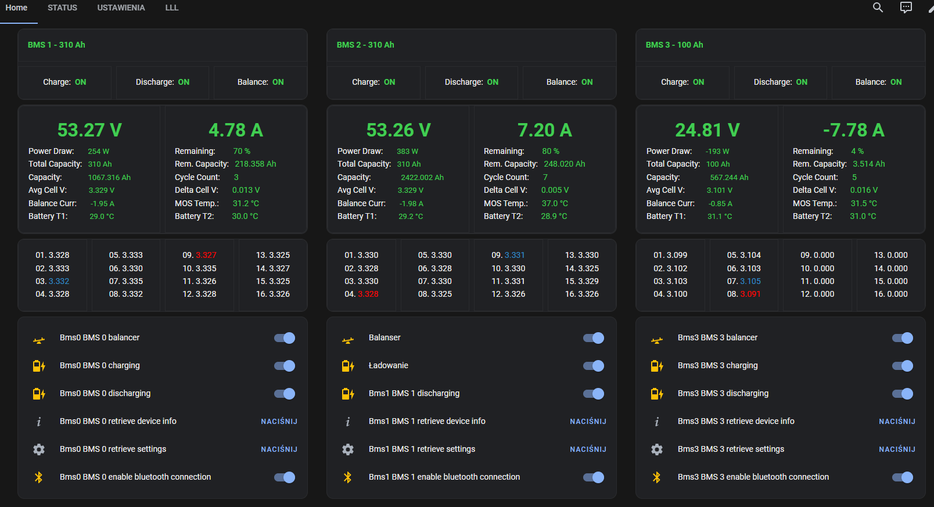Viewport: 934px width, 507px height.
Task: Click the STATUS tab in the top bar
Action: [x=62, y=8]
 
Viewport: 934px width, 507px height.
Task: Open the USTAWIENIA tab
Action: [x=121, y=8]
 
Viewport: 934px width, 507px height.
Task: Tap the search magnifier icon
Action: [x=878, y=8]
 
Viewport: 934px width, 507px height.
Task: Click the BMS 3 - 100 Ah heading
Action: [x=674, y=45]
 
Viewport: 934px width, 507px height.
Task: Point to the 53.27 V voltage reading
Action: [x=89, y=130]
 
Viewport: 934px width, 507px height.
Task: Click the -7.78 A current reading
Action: [x=853, y=130]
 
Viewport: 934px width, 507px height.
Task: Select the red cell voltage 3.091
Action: [x=750, y=294]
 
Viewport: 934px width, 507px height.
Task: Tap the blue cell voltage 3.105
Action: [x=750, y=282]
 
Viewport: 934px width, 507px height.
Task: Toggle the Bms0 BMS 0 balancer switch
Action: [x=285, y=338]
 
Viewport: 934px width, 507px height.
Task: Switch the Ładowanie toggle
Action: [x=594, y=366]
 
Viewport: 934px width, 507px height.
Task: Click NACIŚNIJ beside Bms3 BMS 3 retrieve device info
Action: [x=897, y=422]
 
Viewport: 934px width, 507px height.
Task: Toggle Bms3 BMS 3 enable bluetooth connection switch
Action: [x=902, y=477]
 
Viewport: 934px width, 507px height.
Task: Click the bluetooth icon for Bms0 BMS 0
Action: [x=39, y=477]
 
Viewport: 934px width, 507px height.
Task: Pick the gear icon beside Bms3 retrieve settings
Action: [x=657, y=449]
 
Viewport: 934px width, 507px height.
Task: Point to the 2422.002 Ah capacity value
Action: [x=422, y=178]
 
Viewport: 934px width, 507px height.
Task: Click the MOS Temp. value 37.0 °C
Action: [x=554, y=203]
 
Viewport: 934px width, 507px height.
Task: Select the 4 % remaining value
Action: [x=857, y=152]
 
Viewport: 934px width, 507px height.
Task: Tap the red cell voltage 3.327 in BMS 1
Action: [x=206, y=255]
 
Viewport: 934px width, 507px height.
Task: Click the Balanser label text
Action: [x=385, y=338]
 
